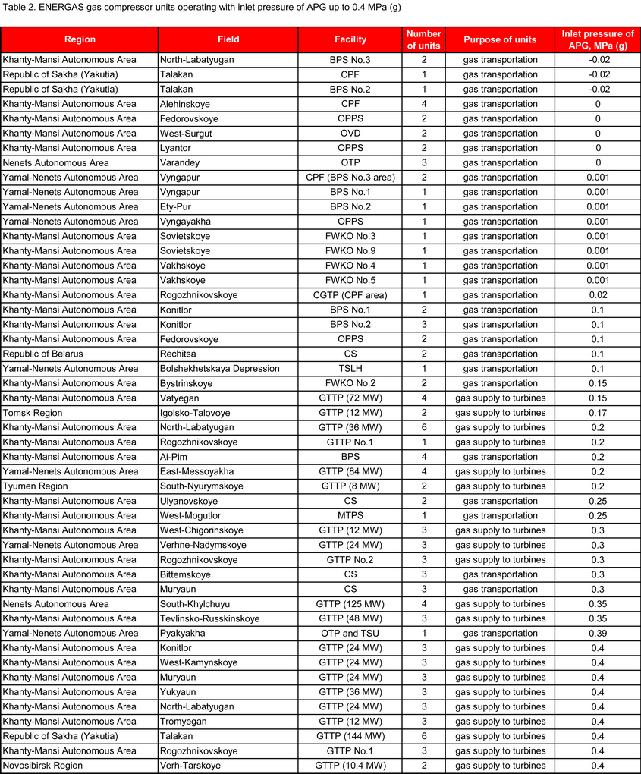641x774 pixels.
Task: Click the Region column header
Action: pyautogui.click(x=80, y=39)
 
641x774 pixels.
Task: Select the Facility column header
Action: pyautogui.click(x=350, y=39)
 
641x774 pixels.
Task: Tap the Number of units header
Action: pyautogui.click(x=423, y=39)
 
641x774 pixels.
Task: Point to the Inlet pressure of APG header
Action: pyautogui.click(x=597, y=39)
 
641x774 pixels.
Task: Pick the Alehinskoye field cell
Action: pyautogui.click(x=187, y=104)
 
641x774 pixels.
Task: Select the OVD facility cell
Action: pyautogui.click(x=350, y=134)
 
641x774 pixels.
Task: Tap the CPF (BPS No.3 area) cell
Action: pyautogui.click(x=350, y=178)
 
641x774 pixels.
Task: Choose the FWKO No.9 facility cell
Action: pyautogui.click(x=350, y=251)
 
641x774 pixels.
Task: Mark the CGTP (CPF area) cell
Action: pyautogui.click(x=350, y=295)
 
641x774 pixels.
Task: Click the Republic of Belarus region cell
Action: pyautogui.click(x=43, y=354)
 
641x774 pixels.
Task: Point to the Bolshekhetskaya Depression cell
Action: pyautogui.click(x=219, y=369)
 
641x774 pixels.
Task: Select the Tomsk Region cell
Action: pyautogui.click(x=33, y=413)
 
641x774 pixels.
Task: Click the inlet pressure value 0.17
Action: pyautogui.click(x=597, y=413)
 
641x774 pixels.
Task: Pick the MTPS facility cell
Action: pyautogui.click(x=350, y=516)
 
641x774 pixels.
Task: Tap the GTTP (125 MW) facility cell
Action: pyautogui.click(x=350, y=604)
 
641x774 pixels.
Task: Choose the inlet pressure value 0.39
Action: pyautogui.click(x=597, y=634)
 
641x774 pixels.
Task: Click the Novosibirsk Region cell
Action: pyautogui.click(x=42, y=766)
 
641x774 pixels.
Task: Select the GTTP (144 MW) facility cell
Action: pyautogui.click(x=350, y=736)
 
